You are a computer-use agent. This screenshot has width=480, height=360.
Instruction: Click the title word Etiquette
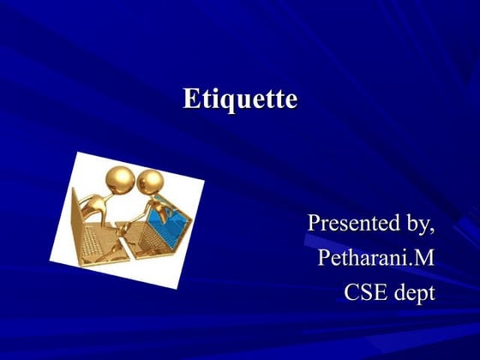pyautogui.click(x=240, y=99)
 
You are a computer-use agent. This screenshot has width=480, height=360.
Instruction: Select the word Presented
pyautogui.click(x=351, y=223)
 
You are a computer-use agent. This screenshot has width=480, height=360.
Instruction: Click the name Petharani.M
pyautogui.click(x=375, y=257)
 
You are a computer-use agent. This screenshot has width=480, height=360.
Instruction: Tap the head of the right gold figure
pyautogui.click(x=151, y=182)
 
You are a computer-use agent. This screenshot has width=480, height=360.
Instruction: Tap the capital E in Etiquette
pyautogui.click(x=189, y=99)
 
